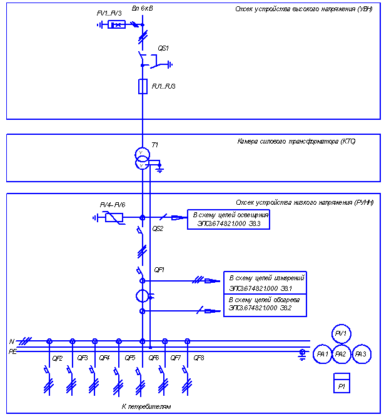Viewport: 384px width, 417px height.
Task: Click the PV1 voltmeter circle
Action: [x=341, y=334]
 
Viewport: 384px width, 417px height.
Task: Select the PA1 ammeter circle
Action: [x=323, y=354]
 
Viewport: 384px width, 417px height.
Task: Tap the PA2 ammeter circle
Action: [x=341, y=354]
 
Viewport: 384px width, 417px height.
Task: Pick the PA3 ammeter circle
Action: [x=360, y=354]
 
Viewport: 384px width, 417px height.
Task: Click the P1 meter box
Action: [x=341, y=382]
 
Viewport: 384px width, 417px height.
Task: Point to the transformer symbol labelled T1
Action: [x=143, y=159]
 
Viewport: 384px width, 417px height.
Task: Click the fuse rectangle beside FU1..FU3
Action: [x=143, y=86]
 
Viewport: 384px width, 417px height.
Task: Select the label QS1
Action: [x=163, y=48]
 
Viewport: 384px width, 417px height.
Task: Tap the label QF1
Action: [x=159, y=270]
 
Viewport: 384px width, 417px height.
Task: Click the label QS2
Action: [x=158, y=229]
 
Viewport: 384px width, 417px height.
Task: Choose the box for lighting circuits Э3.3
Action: [x=229, y=219]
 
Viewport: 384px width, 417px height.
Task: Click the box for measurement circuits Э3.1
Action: [x=265, y=282]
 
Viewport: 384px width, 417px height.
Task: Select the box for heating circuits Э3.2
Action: [x=265, y=304]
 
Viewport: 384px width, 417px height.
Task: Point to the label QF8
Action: [x=199, y=358]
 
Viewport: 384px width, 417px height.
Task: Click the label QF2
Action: [x=58, y=358]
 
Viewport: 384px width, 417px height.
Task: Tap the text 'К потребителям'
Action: [x=146, y=406]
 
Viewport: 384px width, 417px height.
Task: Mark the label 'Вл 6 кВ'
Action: [x=143, y=9]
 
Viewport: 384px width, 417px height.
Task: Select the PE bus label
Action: [x=13, y=351]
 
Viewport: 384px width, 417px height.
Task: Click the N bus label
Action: [x=11, y=341]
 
